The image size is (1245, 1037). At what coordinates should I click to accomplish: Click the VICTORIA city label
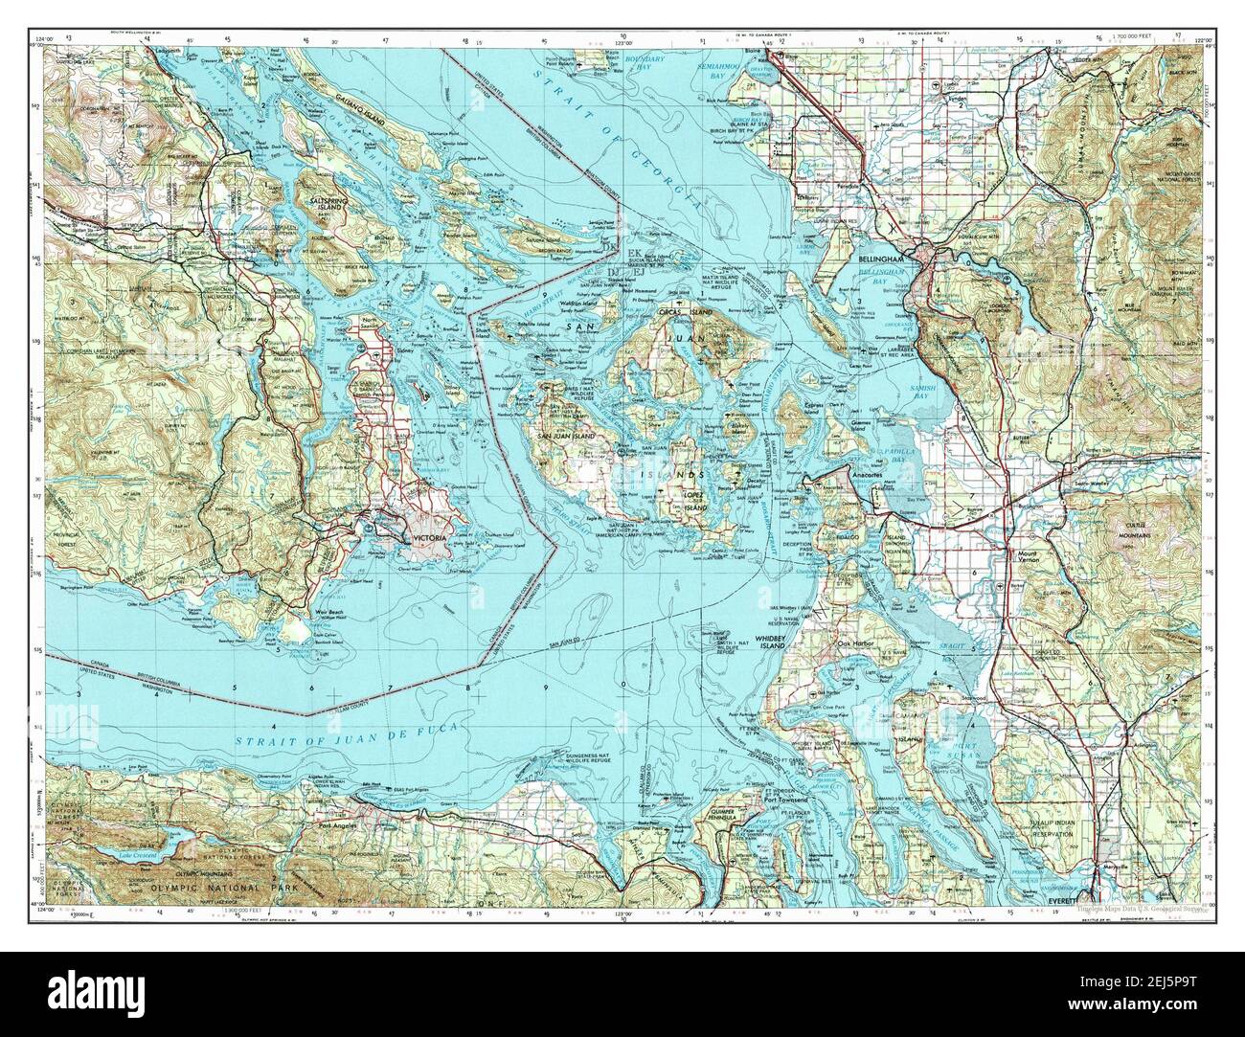tap(429, 540)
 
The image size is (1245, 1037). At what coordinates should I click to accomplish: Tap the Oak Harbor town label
tap(861, 642)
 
